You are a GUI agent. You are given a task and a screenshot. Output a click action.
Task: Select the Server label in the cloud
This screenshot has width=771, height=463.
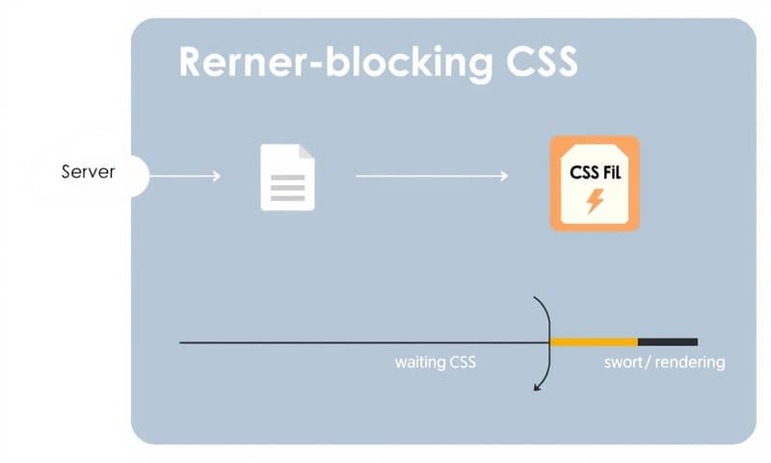88,172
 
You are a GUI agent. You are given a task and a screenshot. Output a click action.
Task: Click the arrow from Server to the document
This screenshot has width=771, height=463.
185,176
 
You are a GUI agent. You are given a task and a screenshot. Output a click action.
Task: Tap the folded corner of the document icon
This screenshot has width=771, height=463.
307,151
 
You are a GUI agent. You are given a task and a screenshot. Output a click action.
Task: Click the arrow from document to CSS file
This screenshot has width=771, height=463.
432,176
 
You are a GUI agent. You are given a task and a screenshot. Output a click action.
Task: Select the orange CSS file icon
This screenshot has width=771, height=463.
594,183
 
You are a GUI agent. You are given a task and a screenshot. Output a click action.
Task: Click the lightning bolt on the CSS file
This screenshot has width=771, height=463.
595,201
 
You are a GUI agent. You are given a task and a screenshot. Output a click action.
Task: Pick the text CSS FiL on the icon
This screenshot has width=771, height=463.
594,171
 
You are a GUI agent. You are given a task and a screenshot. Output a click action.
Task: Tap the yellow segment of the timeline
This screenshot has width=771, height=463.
594,341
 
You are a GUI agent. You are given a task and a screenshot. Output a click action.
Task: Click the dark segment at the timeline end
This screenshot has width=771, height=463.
667,341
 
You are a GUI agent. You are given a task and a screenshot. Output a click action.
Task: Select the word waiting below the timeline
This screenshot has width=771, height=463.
420,363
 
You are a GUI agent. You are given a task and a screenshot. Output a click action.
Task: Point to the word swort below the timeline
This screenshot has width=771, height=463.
623,363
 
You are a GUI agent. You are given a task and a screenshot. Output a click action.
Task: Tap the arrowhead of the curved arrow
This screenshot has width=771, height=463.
536,388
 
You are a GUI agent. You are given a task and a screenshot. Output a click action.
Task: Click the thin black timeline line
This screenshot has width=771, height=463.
357,342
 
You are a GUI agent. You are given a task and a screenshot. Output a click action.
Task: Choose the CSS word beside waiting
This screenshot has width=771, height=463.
463,363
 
